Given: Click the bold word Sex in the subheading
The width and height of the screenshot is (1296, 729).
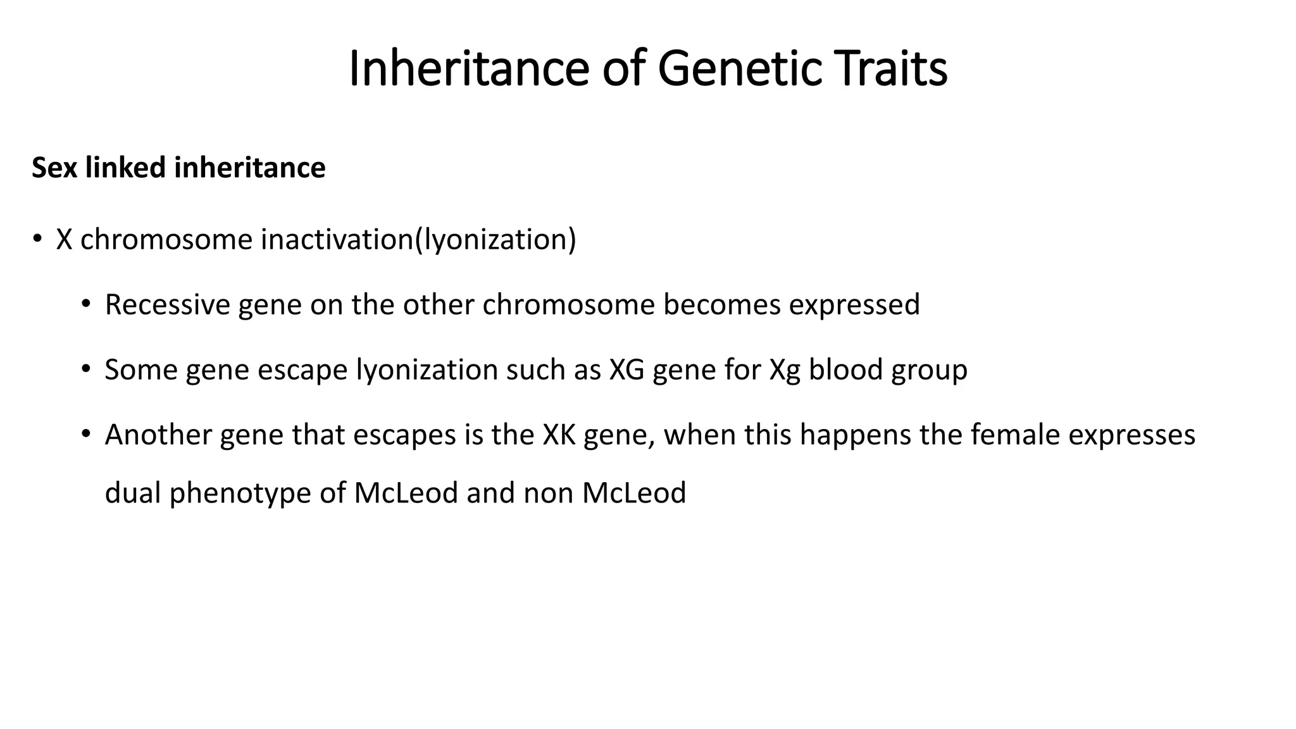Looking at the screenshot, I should click(54, 168).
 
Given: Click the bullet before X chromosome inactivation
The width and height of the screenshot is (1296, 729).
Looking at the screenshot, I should click(37, 239).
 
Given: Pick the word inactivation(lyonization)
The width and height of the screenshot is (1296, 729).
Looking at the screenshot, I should click(418, 240).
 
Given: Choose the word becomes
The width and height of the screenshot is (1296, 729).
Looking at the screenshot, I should click(722, 304).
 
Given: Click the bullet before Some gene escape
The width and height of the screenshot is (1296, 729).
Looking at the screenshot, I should click(86, 369).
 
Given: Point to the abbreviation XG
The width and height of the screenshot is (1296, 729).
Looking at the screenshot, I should click(626, 370).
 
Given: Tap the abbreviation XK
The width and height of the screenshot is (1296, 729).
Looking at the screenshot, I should click(559, 435).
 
